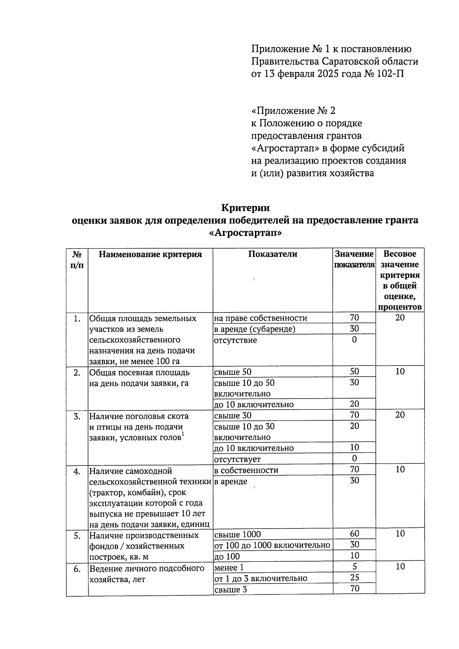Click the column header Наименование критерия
point(150,254)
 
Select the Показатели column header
point(272,254)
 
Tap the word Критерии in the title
point(246,208)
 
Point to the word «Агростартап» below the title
point(246,233)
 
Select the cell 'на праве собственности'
point(260,318)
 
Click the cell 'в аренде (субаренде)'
point(255,329)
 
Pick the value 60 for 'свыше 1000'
point(354,534)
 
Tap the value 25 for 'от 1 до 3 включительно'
point(354,577)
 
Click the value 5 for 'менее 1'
point(355,567)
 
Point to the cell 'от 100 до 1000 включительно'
point(272,545)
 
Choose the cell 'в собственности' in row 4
point(246,470)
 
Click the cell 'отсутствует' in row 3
point(238,459)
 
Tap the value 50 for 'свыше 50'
point(354,371)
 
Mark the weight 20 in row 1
point(400,318)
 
